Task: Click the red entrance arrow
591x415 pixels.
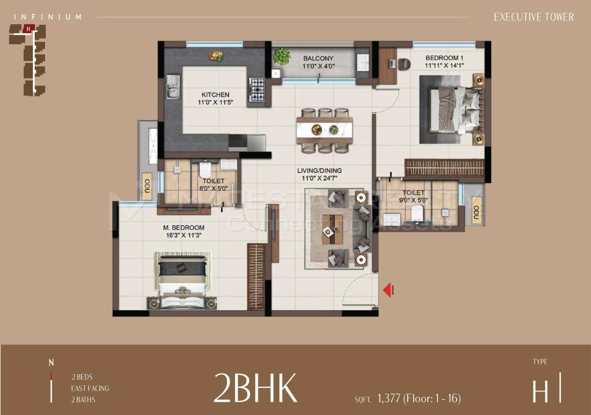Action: click(389, 290)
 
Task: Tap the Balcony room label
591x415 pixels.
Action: click(318, 58)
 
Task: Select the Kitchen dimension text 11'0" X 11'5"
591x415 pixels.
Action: click(216, 102)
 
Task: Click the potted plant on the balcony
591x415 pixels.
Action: click(282, 56)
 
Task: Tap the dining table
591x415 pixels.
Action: click(325, 130)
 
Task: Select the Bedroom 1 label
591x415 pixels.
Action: click(444, 58)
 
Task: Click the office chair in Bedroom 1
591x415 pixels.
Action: click(404, 64)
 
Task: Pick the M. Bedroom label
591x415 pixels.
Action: click(184, 227)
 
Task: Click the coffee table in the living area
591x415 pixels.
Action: click(332, 229)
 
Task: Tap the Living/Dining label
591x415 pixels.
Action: click(320, 171)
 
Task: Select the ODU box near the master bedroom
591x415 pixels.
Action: click(147, 186)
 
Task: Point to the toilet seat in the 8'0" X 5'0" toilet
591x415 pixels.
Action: click(205, 170)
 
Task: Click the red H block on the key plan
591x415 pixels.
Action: click(28, 29)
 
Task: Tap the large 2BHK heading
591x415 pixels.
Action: click(255, 388)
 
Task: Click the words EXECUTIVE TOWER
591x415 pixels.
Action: click(534, 17)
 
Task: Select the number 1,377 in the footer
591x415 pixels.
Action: click(389, 398)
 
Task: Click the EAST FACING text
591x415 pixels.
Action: click(90, 388)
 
